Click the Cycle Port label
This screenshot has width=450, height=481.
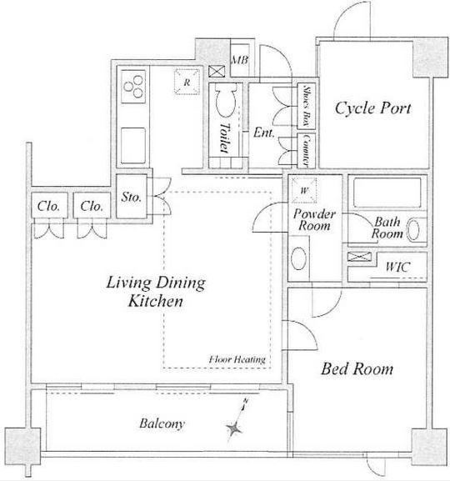point(372,108)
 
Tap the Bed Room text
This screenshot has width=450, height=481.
point(357,368)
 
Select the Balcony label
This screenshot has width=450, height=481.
point(162,423)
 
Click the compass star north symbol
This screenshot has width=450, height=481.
point(235,428)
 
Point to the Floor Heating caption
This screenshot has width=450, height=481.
point(237,359)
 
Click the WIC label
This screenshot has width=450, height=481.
point(397,267)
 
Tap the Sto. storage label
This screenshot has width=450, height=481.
point(132,197)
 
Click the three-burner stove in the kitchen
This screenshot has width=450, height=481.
point(133,87)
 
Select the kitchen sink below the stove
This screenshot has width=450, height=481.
point(133,146)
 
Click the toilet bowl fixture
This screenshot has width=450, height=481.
point(226,100)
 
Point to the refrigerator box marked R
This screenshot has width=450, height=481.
point(187,82)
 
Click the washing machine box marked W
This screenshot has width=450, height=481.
point(303,190)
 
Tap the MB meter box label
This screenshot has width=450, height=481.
point(239,60)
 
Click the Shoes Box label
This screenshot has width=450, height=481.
point(307,106)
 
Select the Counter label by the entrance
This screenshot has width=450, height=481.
point(307,150)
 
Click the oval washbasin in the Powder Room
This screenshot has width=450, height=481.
point(298,258)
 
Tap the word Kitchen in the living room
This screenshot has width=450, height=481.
point(156,301)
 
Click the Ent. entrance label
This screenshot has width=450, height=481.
point(263,133)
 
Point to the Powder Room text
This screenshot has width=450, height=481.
point(314,220)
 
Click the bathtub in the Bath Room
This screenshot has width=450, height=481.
point(387,193)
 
